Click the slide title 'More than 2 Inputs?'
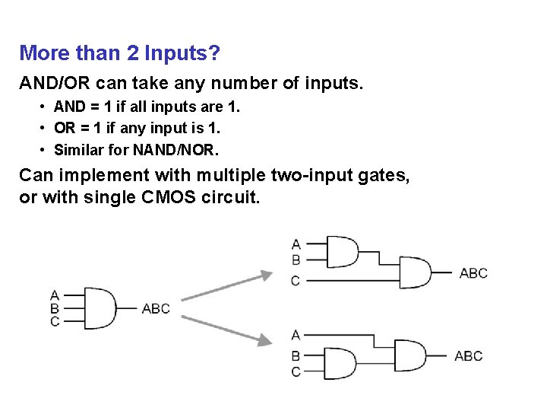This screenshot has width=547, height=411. pos(119,53)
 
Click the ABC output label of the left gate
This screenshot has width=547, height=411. pos(156,308)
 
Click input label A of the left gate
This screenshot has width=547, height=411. pos(55,295)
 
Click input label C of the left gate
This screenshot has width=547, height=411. pos(55,321)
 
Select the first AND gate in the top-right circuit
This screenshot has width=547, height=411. pos(341,251)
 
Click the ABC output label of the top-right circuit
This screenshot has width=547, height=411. pos(473,272)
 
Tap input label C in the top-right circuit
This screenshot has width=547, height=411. pos(296,281)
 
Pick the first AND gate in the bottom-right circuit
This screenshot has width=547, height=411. pos(341,363)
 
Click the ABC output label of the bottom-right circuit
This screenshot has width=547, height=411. pos(468,355)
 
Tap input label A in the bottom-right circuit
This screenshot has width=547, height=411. pos(296,334)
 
